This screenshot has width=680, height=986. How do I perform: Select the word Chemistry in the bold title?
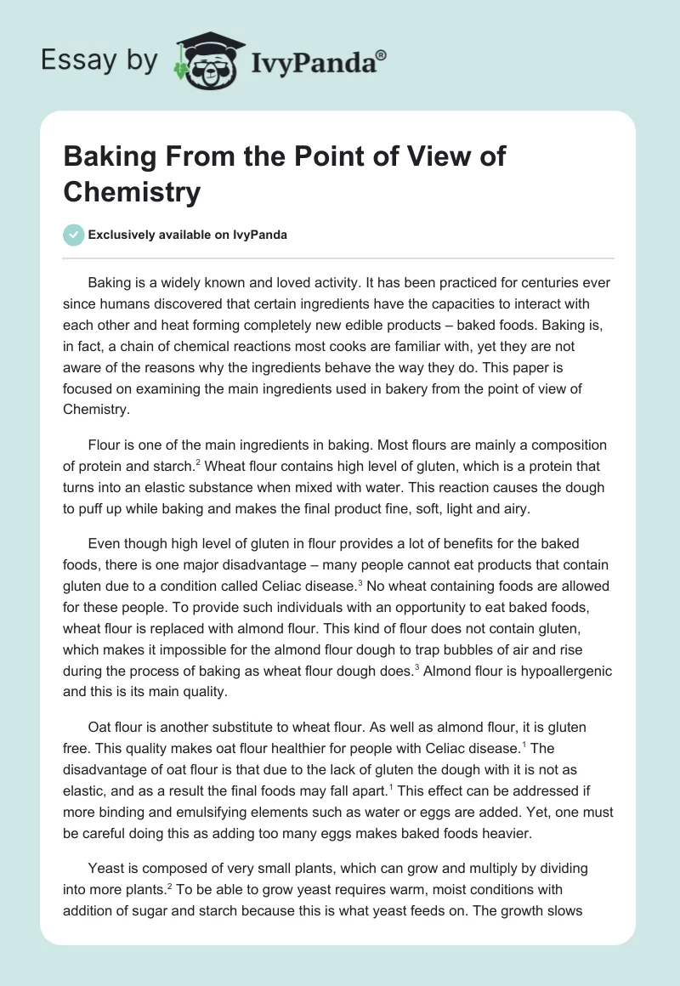point(132,192)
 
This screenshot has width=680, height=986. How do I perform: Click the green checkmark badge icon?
point(74,235)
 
